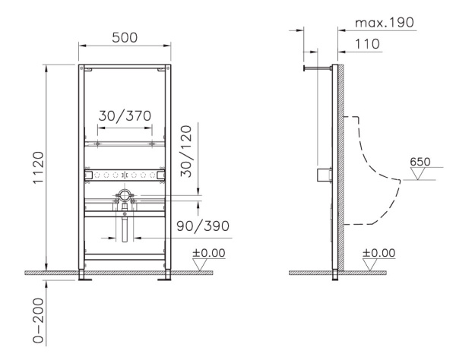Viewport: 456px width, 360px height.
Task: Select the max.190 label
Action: (x=385, y=22)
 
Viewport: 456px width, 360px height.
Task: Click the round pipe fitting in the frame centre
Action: (x=123, y=196)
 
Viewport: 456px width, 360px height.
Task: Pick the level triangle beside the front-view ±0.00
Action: (x=201, y=264)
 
